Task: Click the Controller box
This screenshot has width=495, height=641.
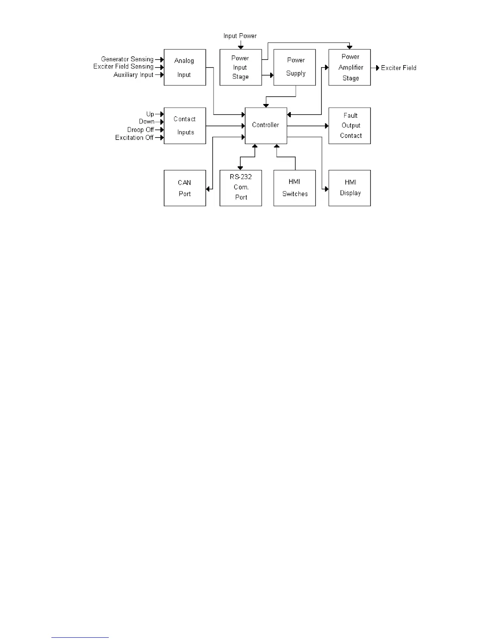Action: click(266, 125)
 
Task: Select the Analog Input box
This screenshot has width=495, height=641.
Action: click(185, 67)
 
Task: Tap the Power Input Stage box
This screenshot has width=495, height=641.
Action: click(241, 67)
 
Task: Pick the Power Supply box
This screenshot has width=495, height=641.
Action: click(294, 67)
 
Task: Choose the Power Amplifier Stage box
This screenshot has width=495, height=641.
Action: click(349, 67)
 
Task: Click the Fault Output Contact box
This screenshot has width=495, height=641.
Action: click(349, 125)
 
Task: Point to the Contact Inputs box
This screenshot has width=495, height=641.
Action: click(185, 125)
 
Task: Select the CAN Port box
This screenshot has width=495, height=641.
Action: click(185, 188)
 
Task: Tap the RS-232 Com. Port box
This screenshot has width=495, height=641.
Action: click(241, 188)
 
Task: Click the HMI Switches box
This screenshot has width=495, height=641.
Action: click(294, 188)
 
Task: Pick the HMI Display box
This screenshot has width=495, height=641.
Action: click(349, 188)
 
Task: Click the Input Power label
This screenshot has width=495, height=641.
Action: click(240, 36)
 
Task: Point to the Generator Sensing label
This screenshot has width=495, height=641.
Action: click(127, 59)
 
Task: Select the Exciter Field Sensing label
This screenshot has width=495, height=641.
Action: click(123, 66)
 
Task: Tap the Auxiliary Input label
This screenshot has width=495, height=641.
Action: click(133, 75)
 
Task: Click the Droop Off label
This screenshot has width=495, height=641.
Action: click(140, 129)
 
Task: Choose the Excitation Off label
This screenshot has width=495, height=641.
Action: click(134, 138)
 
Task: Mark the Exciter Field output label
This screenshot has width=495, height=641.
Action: click(398, 68)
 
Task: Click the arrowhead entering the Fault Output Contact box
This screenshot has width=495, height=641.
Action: click(327, 126)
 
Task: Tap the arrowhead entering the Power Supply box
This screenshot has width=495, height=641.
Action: click(272, 75)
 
